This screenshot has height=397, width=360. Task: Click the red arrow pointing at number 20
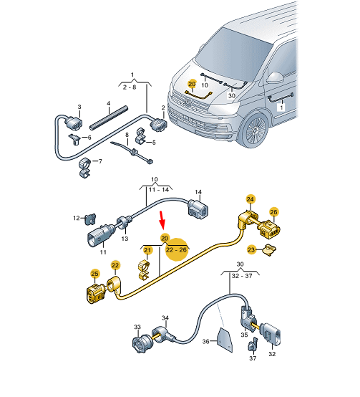click(162, 219)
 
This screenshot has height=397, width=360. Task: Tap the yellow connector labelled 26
click(271, 230)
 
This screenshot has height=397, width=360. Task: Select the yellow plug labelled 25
click(95, 294)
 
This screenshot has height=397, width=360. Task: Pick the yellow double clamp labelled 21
click(143, 270)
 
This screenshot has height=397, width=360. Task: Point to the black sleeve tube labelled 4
click(109, 118)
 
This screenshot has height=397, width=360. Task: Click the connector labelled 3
click(74, 123)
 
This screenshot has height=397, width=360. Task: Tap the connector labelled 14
click(198, 209)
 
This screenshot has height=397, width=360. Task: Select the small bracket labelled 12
click(90, 219)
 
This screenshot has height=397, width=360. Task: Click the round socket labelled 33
click(140, 343)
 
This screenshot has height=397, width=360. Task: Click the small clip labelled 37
click(253, 345)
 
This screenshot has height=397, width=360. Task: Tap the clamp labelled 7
click(85, 168)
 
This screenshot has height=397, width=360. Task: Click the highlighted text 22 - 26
click(176, 250)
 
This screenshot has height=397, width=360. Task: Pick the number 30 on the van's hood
click(232, 95)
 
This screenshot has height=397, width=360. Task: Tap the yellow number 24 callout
click(250, 199)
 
